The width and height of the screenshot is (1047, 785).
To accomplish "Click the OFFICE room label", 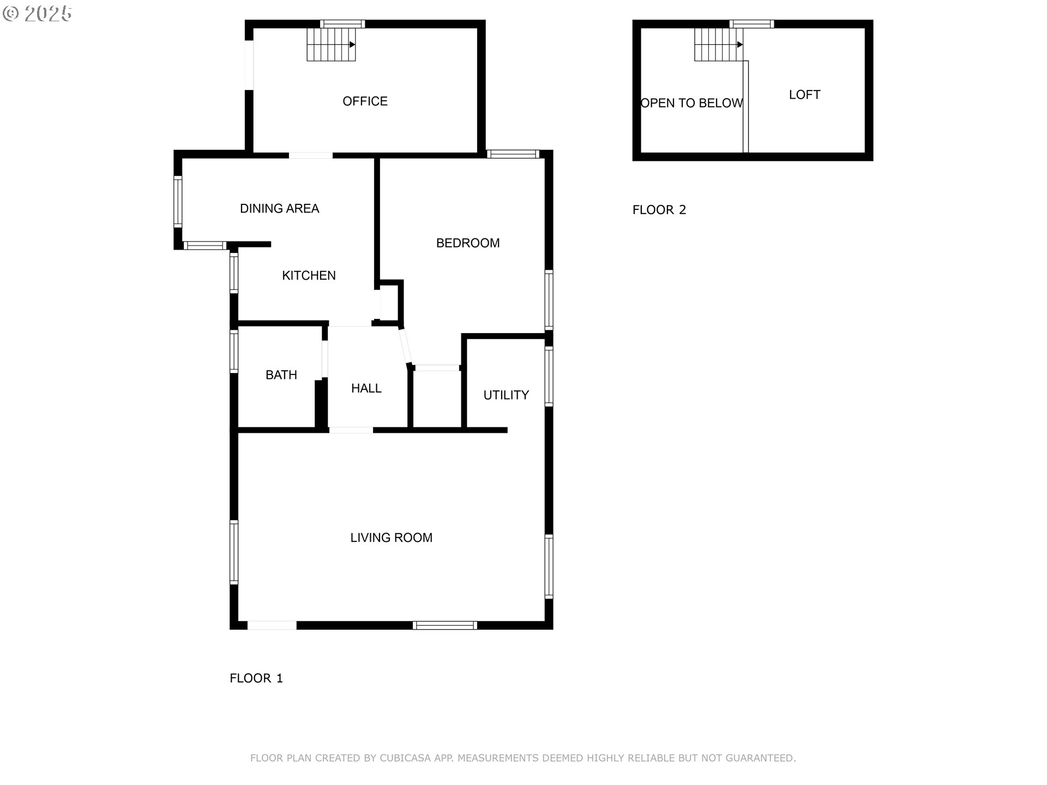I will (x=365, y=101).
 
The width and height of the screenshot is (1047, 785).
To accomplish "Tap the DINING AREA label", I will (x=279, y=208).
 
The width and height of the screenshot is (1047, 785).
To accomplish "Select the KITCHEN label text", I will (x=309, y=275).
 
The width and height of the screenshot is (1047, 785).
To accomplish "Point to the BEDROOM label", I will (x=468, y=243).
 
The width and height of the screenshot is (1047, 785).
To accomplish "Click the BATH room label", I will (x=281, y=375).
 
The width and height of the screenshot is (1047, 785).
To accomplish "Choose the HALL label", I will (x=366, y=388).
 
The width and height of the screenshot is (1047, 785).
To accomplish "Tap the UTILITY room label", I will (x=506, y=395).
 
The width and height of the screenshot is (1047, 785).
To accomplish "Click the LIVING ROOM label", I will (x=391, y=538).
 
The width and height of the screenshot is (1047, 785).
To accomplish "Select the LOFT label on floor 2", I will (x=804, y=95).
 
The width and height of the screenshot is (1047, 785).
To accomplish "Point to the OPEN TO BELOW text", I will (x=691, y=103).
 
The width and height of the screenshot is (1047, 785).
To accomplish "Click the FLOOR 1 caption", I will (x=256, y=678).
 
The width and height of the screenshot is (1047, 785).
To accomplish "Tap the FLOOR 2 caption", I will (x=659, y=210).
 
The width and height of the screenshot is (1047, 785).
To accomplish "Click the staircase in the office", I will (x=331, y=44).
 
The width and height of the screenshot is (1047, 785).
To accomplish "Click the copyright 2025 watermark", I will (x=37, y=14).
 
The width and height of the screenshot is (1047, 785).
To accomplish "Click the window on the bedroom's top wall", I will (x=513, y=154).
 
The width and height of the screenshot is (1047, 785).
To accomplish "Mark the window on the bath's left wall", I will (x=234, y=352).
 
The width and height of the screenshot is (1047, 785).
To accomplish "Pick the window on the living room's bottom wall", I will (x=445, y=625).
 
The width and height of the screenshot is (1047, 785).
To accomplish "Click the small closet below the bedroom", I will (x=437, y=399).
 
